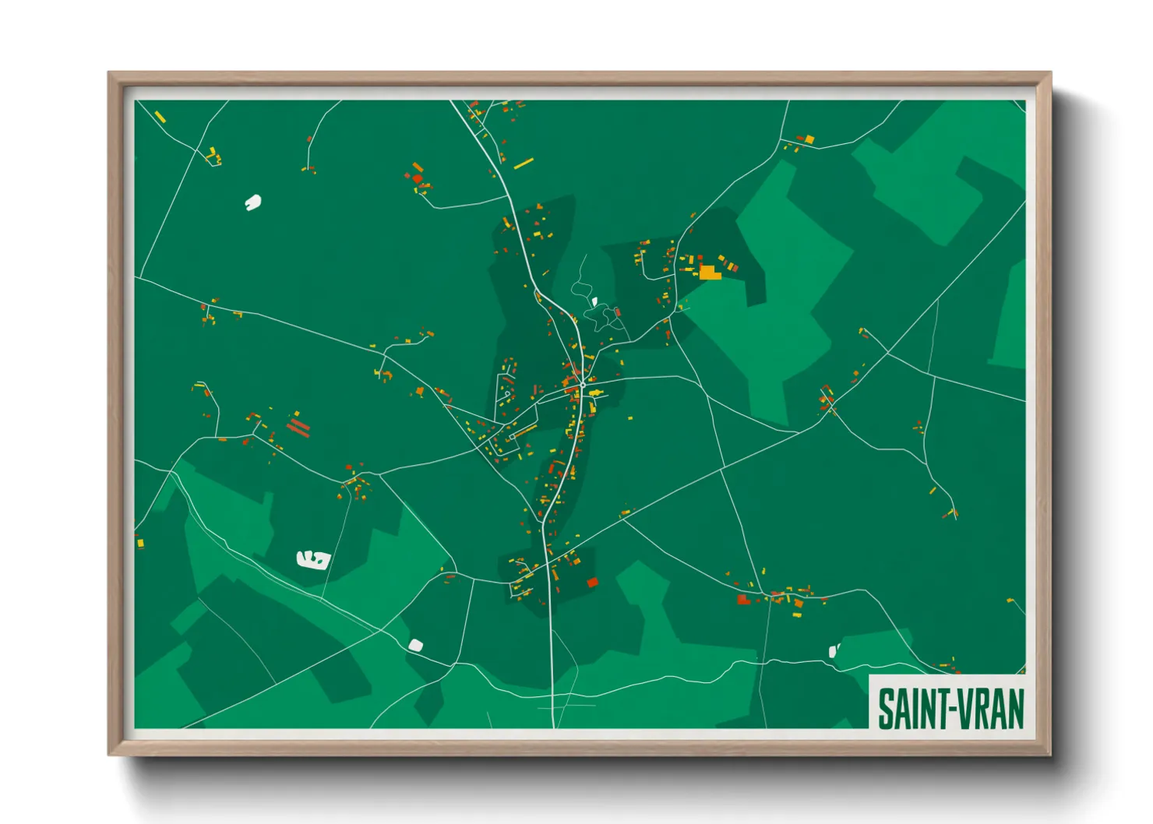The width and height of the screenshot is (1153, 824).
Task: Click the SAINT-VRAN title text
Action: (950, 709)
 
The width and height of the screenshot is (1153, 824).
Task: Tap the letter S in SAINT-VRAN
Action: (887, 709)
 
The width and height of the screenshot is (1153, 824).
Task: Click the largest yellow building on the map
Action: (709, 272)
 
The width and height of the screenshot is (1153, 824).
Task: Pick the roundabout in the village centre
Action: (583, 385)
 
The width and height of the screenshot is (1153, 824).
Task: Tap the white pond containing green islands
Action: (313, 558)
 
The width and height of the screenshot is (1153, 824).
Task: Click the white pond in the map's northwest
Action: (252, 202)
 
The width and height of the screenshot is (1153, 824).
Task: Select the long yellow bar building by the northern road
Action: (524, 164)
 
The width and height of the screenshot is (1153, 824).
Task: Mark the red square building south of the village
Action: (592, 582)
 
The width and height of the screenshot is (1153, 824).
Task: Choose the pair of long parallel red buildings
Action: (298, 427)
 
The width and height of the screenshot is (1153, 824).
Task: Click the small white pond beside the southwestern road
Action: (415, 645)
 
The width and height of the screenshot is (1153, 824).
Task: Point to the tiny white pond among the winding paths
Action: (594, 301)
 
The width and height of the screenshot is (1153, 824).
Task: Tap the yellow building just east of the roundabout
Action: (595, 393)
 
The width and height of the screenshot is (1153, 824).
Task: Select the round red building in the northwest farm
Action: (418, 178)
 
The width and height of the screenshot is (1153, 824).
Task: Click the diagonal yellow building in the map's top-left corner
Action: (160, 118)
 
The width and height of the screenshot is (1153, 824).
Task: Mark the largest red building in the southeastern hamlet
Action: (743, 600)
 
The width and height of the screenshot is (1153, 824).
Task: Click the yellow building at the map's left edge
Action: (140, 543)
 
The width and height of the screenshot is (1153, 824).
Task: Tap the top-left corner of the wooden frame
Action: (110, 74)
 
